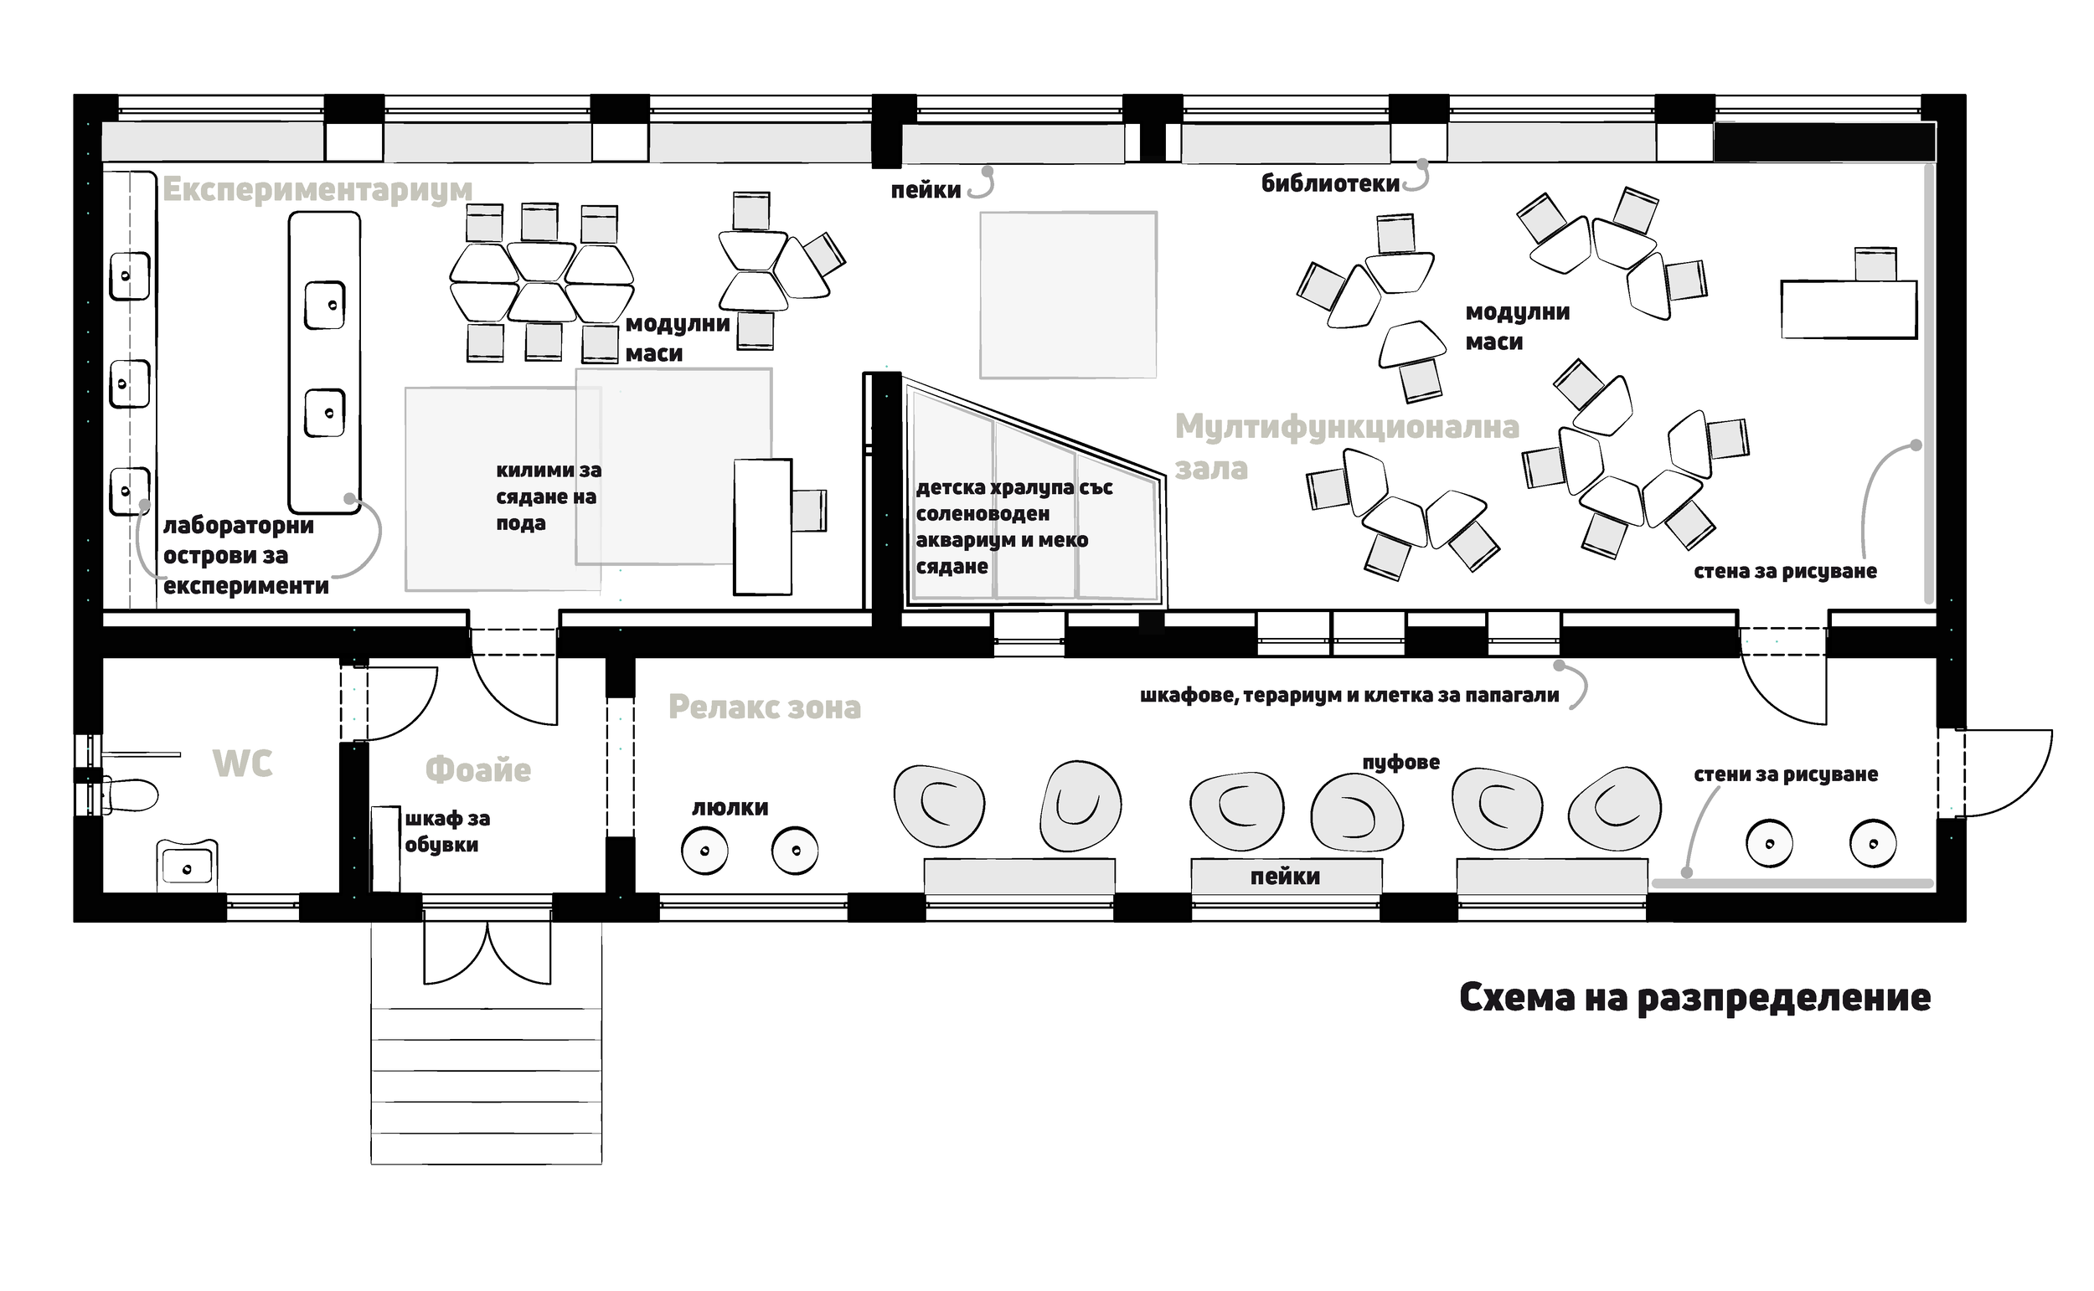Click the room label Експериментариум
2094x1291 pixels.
point(317,189)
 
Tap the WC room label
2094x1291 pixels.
point(243,764)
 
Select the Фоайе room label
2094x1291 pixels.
point(478,769)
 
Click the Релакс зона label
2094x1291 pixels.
point(765,707)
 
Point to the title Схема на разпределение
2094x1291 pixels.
point(1695,997)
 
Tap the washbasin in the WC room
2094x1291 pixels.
point(186,865)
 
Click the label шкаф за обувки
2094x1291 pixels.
point(446,831)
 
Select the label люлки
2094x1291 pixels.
point(730,808)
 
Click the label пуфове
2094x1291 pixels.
point(1400,762)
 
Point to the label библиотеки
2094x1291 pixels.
point(1330,183)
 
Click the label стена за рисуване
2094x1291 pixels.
point(1785,571)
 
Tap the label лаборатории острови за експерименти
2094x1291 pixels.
point(246,556)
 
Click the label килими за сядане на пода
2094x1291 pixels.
point(549,496)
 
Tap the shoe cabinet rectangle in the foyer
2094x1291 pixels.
point(386,849)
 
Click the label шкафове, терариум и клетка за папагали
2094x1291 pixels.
point(1349,696)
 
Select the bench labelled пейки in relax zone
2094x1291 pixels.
point(1285,877)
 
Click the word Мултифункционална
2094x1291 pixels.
point(1347,427)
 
